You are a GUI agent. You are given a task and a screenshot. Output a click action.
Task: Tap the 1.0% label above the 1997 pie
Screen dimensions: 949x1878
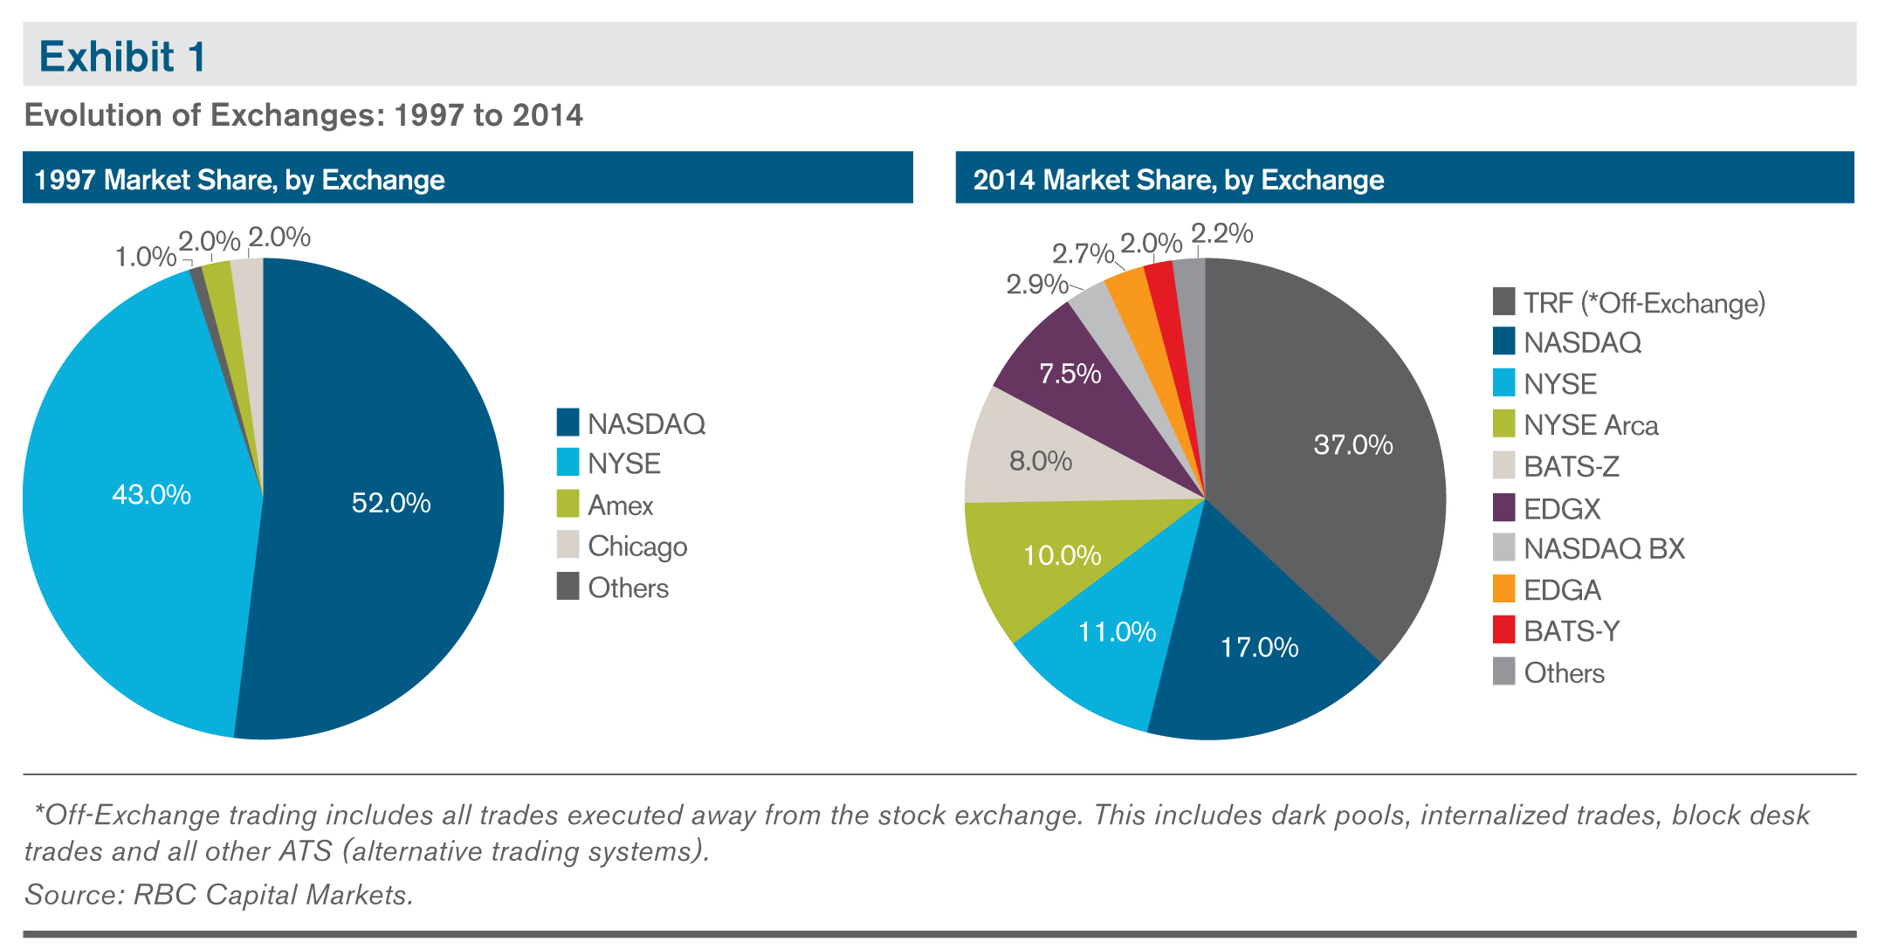click(146, 257)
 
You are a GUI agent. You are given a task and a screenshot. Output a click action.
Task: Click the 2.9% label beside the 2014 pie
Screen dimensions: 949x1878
click(1036, 285)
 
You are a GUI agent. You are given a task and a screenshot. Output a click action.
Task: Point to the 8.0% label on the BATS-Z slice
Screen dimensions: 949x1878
click(1041, 461)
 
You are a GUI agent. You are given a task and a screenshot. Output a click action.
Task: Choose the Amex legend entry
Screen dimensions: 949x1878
click(620, 505)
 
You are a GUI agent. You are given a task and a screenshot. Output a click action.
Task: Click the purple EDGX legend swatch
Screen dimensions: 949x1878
click(1503, 507)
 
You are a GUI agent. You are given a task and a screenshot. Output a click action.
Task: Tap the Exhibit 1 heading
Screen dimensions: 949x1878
click(123, 57)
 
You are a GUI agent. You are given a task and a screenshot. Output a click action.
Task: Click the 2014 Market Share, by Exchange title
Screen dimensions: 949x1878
click(1179, 180)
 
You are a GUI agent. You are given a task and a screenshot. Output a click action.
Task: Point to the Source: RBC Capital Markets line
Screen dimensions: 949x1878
click(219, 895)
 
